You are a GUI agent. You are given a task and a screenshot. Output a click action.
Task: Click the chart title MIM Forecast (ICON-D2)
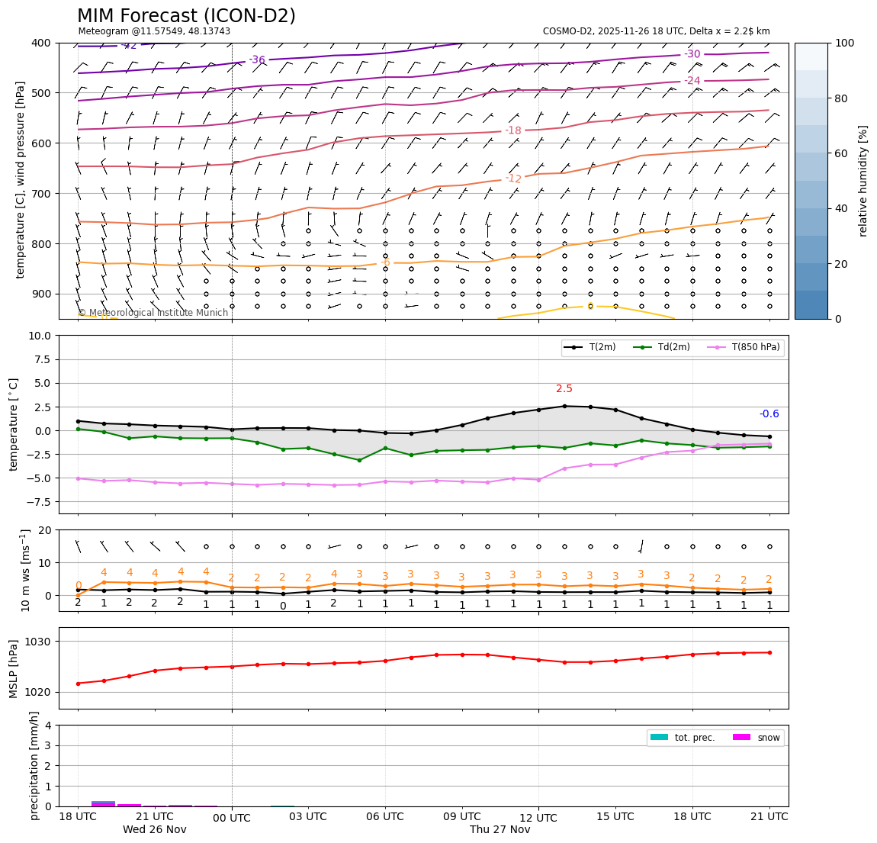(x=186, y=16)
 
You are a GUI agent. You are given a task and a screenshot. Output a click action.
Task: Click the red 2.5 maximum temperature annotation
(x=564, y=389)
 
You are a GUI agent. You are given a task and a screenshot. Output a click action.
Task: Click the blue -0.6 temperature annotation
(x=769, y=414)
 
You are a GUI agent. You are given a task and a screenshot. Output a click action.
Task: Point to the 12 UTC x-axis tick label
(x=538, y=818)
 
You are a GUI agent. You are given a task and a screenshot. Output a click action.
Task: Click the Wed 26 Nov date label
(x=155, y=830)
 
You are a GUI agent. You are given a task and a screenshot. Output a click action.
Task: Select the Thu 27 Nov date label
(x=500, y=830)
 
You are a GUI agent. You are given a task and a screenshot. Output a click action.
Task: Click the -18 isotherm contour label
(x=513, y=131)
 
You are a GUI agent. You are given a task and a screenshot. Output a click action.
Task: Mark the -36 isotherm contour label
(x=257, y=60)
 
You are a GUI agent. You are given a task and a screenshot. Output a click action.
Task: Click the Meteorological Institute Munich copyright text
(x=153, y=313)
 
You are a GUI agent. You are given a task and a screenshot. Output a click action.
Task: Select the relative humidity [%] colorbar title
(x=863, y=181)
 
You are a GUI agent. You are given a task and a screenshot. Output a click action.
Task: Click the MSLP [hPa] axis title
(x=14, y=668)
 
